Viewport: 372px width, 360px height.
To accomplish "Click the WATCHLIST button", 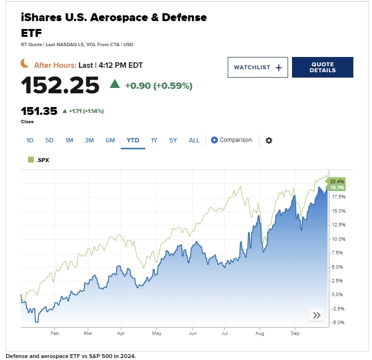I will point(258,67).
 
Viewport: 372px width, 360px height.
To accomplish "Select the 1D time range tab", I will point(30,140).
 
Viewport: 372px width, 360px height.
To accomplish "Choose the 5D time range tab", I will point(50,140).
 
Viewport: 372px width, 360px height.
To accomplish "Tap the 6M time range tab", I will point(110,140).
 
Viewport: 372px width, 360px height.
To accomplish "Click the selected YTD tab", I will point(133,140).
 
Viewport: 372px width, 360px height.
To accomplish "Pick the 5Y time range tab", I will point(173,140).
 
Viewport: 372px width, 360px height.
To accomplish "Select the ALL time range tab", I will point(194,140).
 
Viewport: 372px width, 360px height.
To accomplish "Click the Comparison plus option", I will point(231,140).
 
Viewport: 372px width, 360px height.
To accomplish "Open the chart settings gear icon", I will point(268,140).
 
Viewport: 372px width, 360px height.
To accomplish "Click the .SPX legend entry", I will point(39,160).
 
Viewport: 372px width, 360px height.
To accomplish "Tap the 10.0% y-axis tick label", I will point(339,239).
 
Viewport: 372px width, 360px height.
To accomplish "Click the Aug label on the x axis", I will point(260,333).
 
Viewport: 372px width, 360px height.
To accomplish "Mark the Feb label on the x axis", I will point(54,333).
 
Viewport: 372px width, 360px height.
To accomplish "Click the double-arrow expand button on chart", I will point(317,315).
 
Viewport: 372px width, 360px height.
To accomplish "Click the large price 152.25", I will point(60,86).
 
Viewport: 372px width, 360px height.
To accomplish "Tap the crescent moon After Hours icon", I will point(25,64).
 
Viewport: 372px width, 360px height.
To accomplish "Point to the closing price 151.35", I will point(39,111).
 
